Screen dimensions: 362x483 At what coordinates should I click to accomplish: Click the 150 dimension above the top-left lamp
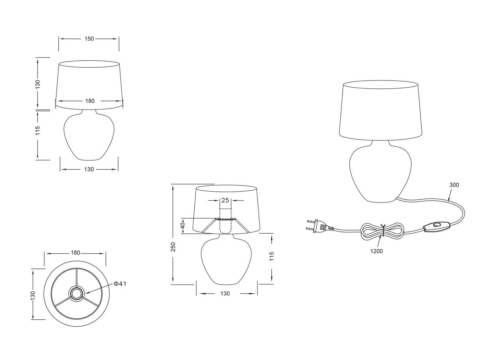(x=89, y=39)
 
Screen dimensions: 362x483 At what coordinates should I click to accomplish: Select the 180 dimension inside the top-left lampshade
(x=90, y=101)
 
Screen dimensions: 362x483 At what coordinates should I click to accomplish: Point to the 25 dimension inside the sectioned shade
(x=225, y=200)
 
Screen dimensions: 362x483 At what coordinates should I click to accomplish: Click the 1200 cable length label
(x=376, y=251)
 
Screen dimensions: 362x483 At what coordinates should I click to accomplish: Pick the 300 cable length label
(x=454, y=185)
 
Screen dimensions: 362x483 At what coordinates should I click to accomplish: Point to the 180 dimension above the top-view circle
(x=75, y=253)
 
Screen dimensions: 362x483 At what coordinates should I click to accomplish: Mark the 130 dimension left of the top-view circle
(x=33, y=295)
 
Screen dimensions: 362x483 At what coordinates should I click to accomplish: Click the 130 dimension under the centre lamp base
(x=225, y=293)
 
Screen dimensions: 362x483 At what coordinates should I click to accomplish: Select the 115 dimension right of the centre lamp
(x=272, y=256)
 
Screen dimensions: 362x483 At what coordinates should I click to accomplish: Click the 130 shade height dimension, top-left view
(x=38, y=84)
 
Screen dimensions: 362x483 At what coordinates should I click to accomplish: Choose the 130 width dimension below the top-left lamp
(x=89, y=169)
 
